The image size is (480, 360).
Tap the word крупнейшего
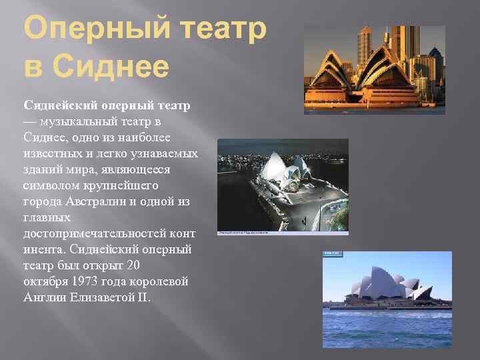[126, 185]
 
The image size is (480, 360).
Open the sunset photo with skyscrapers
[374, 69]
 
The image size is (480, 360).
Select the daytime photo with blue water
[387, 299]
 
